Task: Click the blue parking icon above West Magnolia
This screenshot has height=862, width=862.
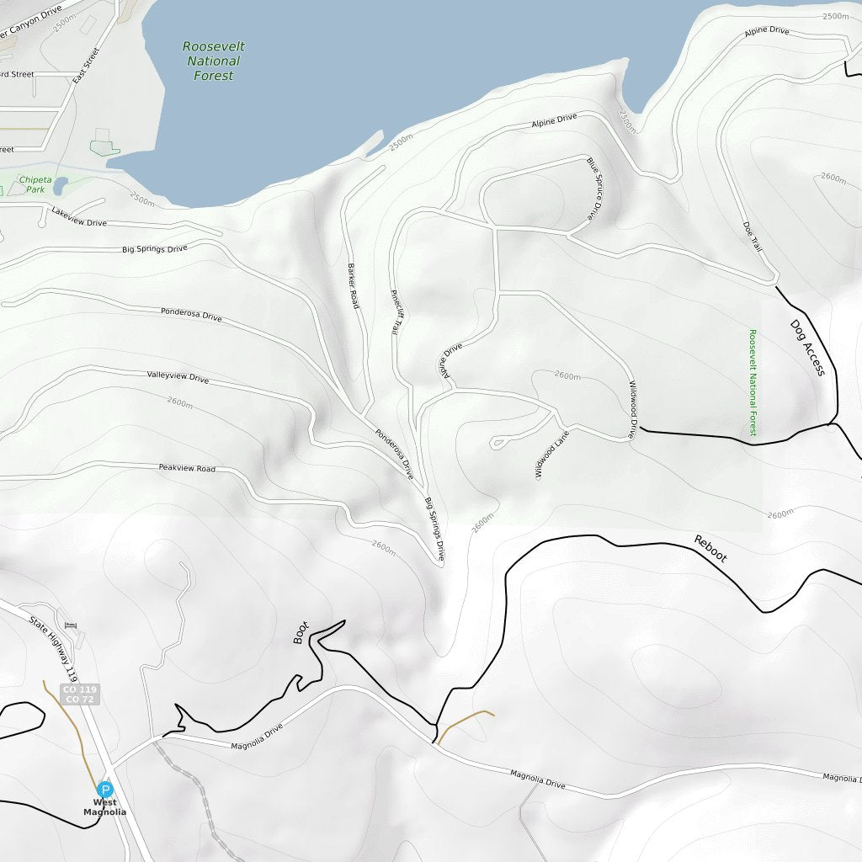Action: [x=105, y=790]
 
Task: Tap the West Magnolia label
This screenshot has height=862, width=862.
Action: [x=104, y=807]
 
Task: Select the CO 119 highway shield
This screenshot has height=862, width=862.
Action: [x=81, y=689]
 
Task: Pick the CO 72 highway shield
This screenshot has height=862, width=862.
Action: [x=81, y=700]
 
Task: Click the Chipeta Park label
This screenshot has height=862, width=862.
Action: [x=35, y=184]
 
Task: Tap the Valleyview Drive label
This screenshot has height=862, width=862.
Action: [x=178, y=378]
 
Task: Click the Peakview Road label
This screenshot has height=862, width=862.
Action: [x=187, y=468]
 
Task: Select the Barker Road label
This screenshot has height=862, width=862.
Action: [x=353, y=286]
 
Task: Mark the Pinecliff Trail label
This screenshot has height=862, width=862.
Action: [x=394, y=313]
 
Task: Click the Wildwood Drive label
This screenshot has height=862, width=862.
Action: [x=633, y=411]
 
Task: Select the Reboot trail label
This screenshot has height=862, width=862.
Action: [x=710, y=548]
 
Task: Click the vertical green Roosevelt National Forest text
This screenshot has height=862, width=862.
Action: [x=753, y=382]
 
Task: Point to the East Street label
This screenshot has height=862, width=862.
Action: [x=86, y=66]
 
